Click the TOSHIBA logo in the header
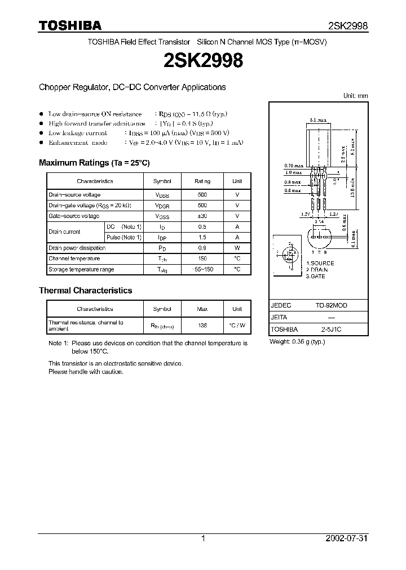pos(70,26)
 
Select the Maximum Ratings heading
pos(94,163)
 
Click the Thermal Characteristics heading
pos(85,291)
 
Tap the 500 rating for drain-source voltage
pos(202,195)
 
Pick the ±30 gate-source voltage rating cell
pos(202,216)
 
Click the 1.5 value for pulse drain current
pos(202,237)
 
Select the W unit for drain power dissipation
pos(237,248)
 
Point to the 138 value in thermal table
pos(202,326)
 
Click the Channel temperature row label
pos(74,259)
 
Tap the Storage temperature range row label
pos(81,269)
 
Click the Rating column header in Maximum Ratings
pos(202,181)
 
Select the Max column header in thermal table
pos(202,309)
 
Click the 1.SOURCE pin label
pos(320,264)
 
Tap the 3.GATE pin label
pos(316,277)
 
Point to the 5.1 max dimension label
pos(319,121)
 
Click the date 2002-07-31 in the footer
pos(346,538)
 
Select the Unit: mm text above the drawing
pos(355,96)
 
